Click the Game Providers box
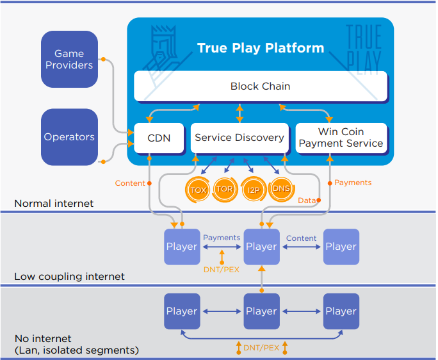69,60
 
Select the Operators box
69,136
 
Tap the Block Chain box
260,86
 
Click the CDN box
159,137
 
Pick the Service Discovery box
239,137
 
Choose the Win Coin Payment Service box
341,138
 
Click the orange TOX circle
198,190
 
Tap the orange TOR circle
224,190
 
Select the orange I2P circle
254,190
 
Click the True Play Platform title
260,48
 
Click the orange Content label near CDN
130,183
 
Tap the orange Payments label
353,183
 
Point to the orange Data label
306,200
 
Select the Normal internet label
54,204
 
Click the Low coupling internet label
69,277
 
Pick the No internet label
43,338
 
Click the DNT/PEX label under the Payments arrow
222,270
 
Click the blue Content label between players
301,238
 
